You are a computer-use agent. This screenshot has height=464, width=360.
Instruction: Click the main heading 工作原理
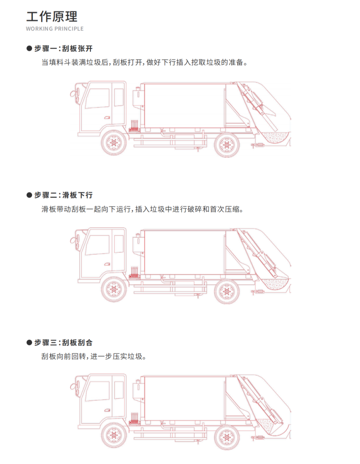click(52, 17)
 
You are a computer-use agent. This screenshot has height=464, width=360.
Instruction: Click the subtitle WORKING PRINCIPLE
click(55, 29)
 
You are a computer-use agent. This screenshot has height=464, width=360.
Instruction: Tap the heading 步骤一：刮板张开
click(63, 49)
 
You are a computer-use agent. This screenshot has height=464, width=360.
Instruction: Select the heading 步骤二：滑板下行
click(63, 195)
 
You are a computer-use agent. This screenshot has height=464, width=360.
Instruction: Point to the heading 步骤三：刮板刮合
click(63, 342)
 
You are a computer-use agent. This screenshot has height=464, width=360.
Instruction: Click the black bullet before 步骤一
click(29, 49)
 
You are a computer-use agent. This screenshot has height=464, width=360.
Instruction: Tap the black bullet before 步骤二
click(29, 195)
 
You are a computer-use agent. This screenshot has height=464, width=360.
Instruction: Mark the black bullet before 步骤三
click(29, 342)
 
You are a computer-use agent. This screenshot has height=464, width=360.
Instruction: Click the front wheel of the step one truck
click(114, 143)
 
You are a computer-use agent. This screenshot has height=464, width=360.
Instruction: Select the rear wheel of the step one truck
click(227, 145)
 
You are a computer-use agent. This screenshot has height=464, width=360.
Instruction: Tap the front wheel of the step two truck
click(114, 289)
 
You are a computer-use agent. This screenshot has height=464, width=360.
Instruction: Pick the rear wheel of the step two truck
click(227, 291)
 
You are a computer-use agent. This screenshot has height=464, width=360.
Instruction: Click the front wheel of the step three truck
click(114, 435)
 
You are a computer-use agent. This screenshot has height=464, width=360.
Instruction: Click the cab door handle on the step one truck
click(107, 118)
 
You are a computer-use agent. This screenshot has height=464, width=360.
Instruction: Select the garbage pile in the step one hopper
click(275, 137)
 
